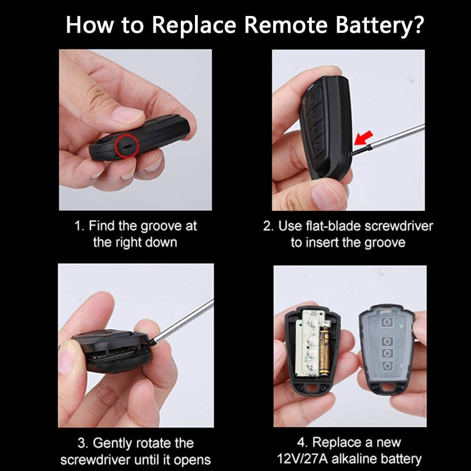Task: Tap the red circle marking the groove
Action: pyautogui.click(x=127, y=146)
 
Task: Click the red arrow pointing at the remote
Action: pyautogui.click(x=364, y=138)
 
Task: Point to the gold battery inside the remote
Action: pyautogui.click(x=324, y=352)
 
